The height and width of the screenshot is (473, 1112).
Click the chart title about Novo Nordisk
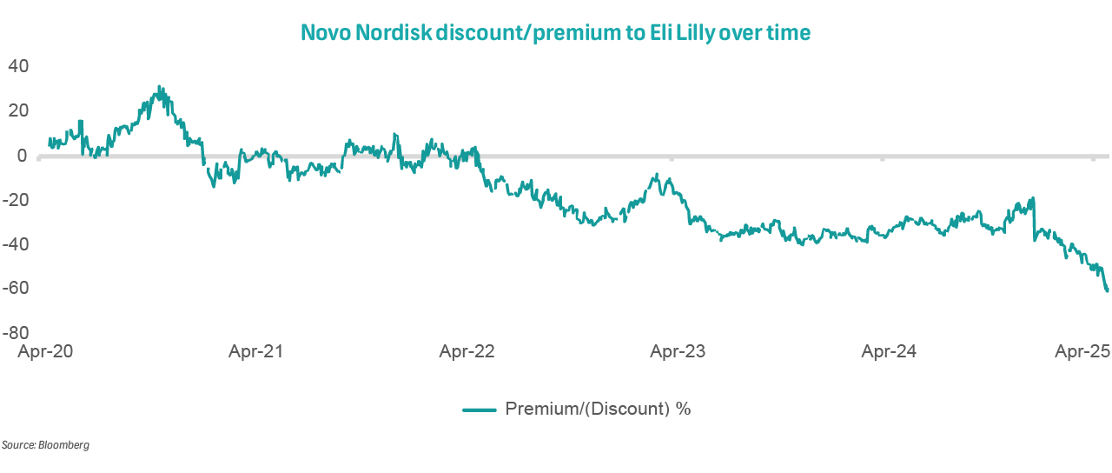pos(555,33)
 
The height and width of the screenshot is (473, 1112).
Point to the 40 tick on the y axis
pos(18,66)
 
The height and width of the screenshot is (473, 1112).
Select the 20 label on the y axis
pos(18,110)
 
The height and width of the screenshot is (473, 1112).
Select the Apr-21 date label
pos(256,352)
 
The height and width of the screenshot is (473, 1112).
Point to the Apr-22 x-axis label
pos(467,352)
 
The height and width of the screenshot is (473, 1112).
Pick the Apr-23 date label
pos(678,352)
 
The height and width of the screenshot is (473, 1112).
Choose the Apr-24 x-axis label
pos(889,352)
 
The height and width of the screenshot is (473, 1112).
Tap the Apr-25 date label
pos(1082,352)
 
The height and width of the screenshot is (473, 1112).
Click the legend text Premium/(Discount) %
pos(598,409)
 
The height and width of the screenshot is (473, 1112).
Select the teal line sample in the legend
pos(479,409)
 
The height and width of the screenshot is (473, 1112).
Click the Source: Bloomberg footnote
pos(45,445)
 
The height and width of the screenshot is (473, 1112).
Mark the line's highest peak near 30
pos(159,87)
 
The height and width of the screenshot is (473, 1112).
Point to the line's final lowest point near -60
pos(1107,290)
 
